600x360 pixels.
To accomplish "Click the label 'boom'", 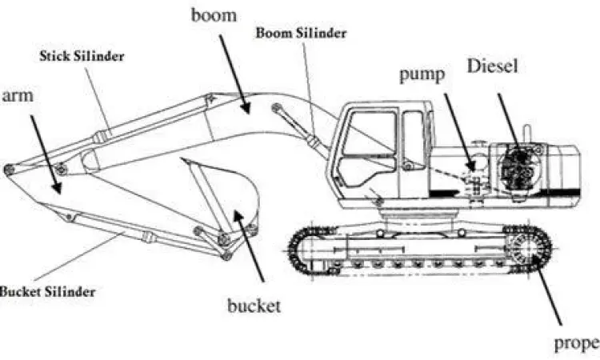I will coord(214,15).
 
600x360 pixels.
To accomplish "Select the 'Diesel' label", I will coord(492,66).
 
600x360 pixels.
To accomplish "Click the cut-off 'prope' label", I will coord(576,344).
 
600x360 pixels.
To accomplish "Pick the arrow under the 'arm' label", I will coord(46,151).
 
